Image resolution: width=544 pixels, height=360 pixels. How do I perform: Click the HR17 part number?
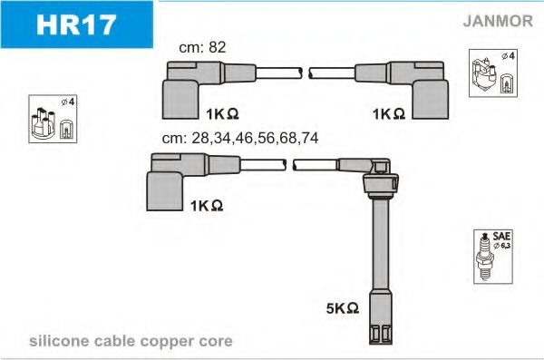(76, 24)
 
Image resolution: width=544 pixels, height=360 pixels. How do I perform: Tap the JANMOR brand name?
(498, 21)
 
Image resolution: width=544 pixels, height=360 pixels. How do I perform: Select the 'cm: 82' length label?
(202, 47)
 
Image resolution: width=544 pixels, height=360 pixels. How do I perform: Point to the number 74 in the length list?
(309, 138)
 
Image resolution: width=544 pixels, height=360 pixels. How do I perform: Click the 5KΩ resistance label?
(343, 308)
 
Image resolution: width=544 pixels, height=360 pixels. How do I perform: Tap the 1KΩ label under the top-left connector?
(222, 113)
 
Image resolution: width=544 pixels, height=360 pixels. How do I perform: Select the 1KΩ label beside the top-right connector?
(389, 113)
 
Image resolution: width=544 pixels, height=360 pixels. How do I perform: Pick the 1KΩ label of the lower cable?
(207, 206)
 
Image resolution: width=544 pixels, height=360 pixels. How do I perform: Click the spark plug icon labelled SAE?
(485, 257)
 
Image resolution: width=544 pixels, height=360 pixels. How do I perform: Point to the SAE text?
(501, 236)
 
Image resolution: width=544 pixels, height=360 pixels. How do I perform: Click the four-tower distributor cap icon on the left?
(44, 123)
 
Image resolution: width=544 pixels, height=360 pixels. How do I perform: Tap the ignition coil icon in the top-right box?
(484, 74)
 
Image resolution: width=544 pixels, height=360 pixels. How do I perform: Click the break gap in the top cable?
(306, 73)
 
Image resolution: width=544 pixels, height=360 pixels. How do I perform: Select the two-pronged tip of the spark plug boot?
(381, 335)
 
